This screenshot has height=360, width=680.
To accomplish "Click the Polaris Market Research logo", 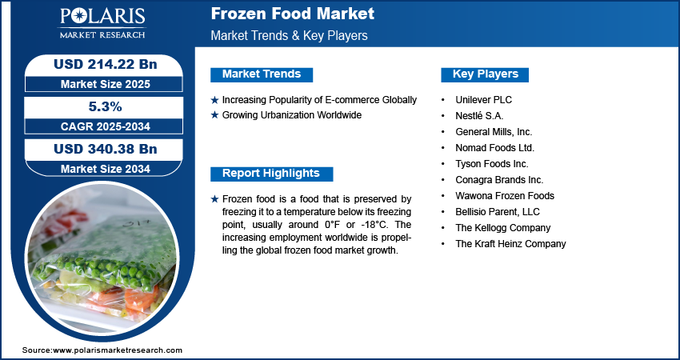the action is pos(102,23).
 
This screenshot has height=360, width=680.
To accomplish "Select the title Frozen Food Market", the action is pos(292,14).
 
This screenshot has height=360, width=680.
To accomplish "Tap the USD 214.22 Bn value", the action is pos(106,64).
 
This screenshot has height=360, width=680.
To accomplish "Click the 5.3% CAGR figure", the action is pos(106,106).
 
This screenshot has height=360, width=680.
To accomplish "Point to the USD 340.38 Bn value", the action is pos(106,149).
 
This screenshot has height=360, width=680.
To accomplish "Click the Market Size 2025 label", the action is pos(106,84).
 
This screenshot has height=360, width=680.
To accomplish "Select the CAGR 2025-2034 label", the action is pos(106,126).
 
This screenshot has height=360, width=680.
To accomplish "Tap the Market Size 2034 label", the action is pos(106,169).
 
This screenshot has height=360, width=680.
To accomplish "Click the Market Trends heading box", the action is pos(262,74).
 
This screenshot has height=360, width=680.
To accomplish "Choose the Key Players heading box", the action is pos(485,74).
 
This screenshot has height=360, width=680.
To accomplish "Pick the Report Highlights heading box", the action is pos(271,174).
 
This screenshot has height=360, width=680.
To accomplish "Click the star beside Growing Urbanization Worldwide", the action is pos(214,115).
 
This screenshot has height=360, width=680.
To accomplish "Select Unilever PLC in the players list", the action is pos(483,100).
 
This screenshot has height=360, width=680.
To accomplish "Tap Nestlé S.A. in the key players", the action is pos(479,116).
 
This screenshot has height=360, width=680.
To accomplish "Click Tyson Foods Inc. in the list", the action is pos(492,164).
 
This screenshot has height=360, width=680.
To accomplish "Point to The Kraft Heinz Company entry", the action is pos(510,244).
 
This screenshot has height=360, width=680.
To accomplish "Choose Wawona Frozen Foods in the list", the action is pos(505,196).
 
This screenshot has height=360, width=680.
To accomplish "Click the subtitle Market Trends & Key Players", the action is pos(290,35).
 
